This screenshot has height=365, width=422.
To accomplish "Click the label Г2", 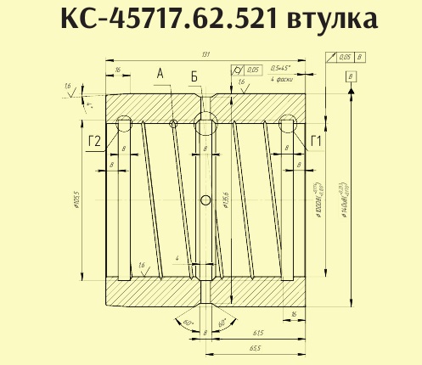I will (x=95, y=141).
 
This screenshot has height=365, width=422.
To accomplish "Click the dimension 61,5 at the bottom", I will (x=258, y=334).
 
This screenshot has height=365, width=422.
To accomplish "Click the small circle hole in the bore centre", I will (x=205, y=200).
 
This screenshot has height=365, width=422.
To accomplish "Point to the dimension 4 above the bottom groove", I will (x=176, y=256).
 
